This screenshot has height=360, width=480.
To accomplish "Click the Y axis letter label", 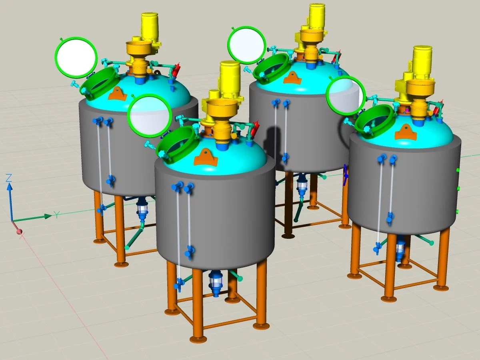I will (57, 215).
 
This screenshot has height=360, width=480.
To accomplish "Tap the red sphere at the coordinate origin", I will (19, 232).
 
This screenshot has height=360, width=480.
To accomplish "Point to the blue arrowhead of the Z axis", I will (10, 186).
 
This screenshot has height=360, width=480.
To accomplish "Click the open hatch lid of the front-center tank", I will (149, 116).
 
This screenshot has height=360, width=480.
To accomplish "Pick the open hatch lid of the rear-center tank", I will (247, 45).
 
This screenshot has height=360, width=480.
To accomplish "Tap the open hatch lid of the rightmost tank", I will (345, 96).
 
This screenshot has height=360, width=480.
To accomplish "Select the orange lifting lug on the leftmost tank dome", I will (118, 93).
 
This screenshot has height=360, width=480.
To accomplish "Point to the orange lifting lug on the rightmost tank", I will (406, 132).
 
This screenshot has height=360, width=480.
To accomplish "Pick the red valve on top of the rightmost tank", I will (436, 109).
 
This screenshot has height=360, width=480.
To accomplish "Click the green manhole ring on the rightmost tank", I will (375, 119).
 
